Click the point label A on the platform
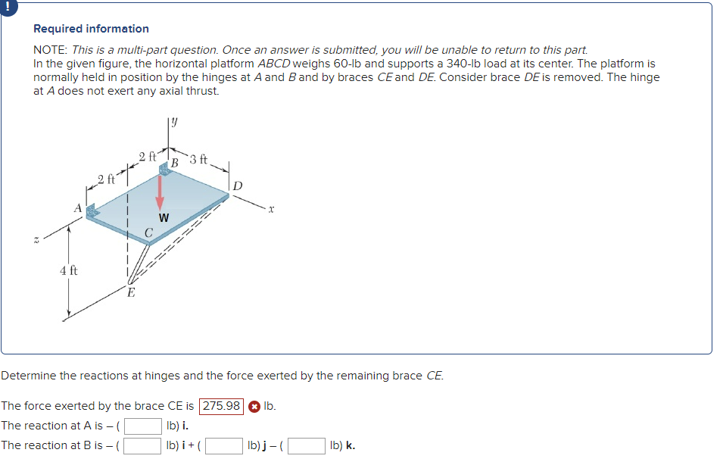[76, 206]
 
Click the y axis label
[174, 120]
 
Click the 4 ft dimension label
[68, 270]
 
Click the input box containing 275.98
[221, 406]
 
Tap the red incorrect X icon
[254, 406]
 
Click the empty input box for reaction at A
[144, 426]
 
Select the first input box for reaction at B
[144, 445]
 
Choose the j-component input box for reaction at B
[223, 445]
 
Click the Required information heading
[91, 29]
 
